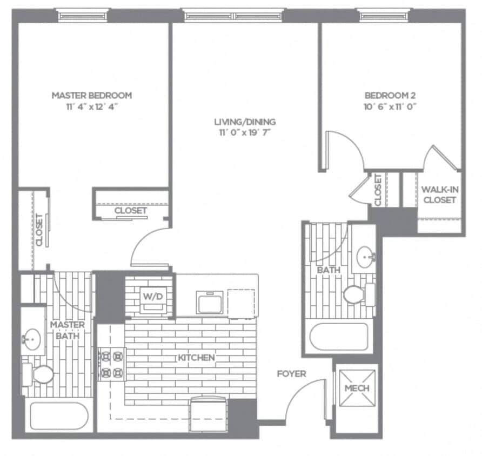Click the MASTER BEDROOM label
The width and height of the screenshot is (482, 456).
point(91,95)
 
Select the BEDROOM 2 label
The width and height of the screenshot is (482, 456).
point(390,95)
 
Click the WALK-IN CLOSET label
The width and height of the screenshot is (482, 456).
point(439,195)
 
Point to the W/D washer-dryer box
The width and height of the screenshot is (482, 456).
point(150,296)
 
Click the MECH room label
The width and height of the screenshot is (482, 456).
point(357,388)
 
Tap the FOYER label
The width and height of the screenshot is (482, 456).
point(291,374)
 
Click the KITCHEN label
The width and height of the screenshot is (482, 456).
point(196,358)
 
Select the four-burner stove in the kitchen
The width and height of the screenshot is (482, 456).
point(111,365)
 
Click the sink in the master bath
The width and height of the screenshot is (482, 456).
point(31,339)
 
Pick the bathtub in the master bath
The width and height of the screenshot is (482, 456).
point(59,417)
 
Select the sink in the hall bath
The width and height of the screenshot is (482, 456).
point(365,255)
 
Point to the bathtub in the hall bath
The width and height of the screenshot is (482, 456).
point(339,337)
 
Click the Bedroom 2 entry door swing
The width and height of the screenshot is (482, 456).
point(343,149)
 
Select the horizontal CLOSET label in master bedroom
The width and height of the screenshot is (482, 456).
point(131,210)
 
